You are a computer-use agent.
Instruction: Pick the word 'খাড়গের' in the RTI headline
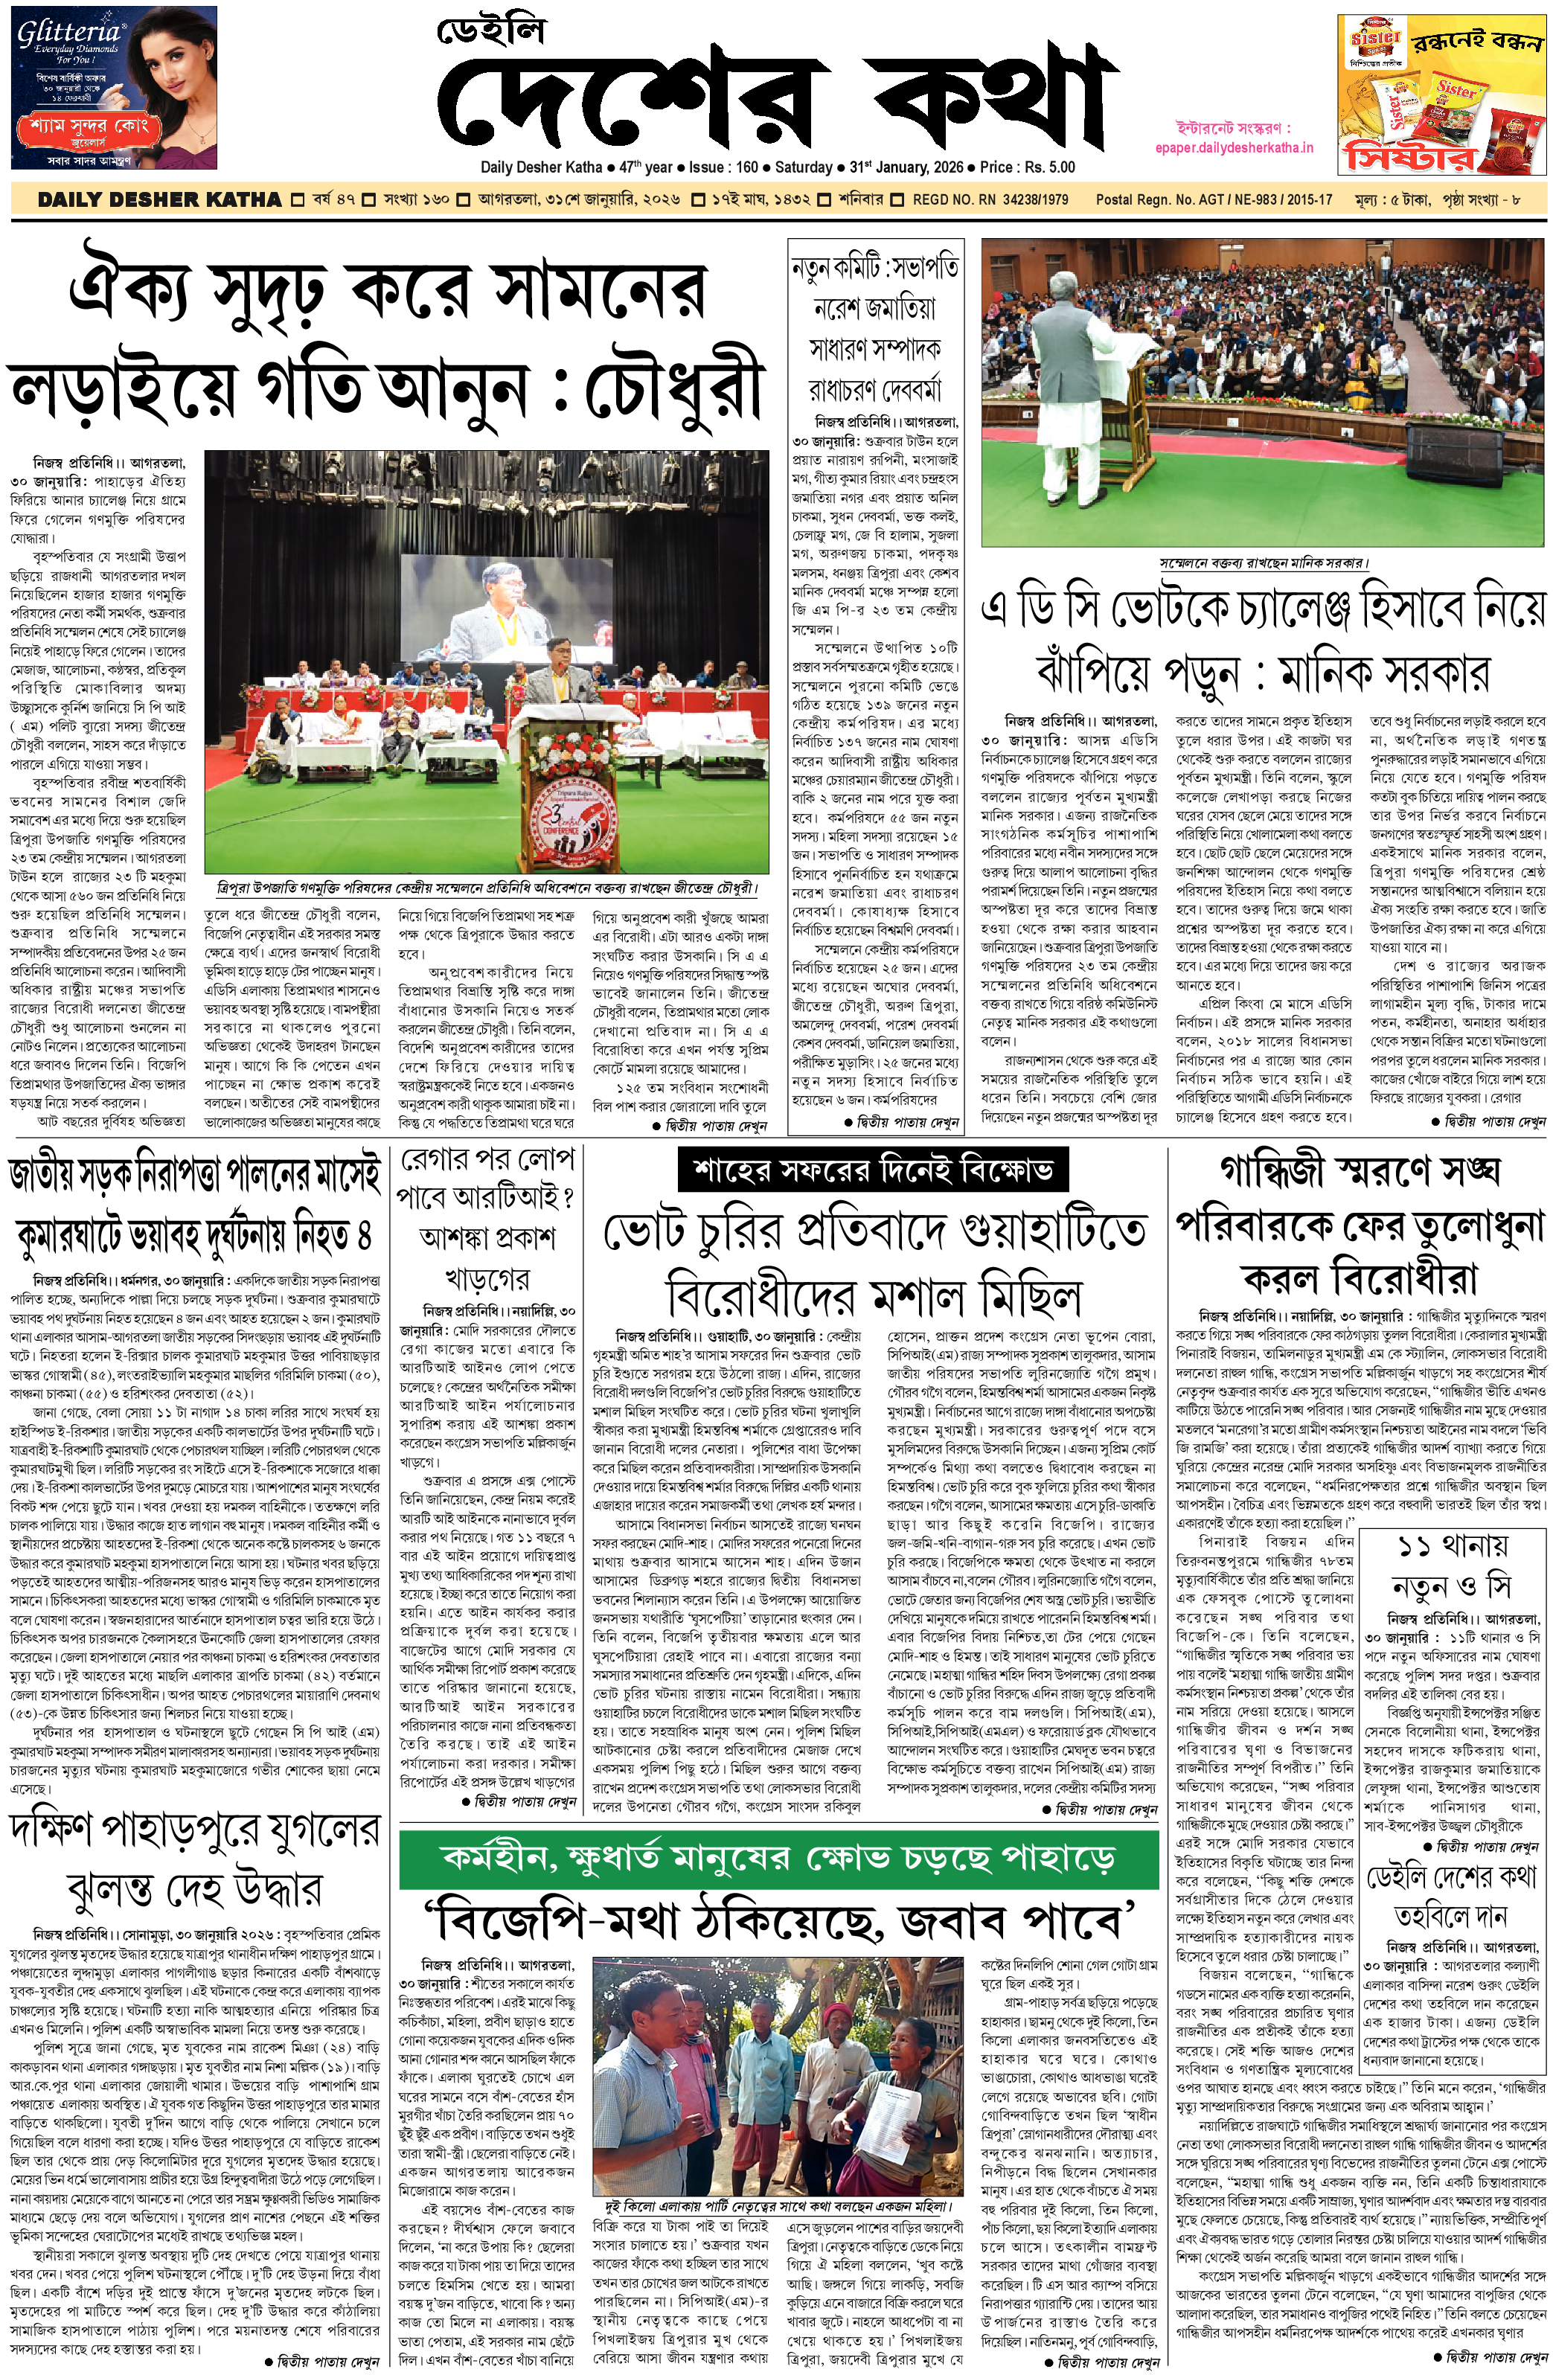pos(486,1279)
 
